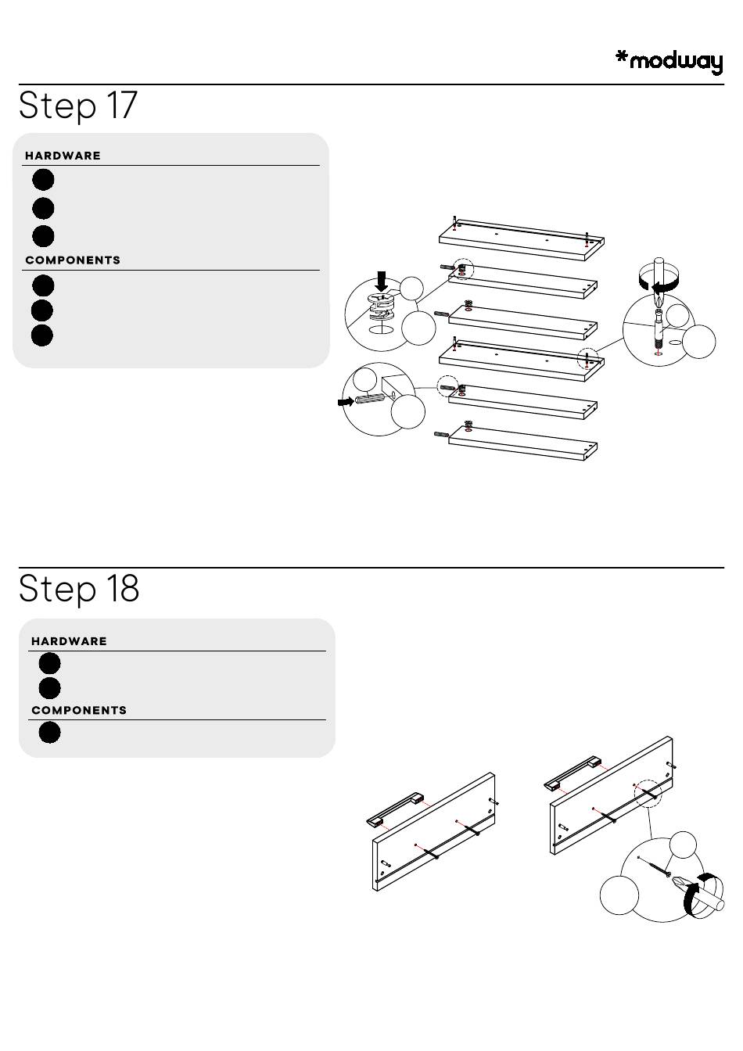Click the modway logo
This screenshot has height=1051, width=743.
(x=669, y=61)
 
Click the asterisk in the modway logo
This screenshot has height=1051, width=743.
(x=622, y=57)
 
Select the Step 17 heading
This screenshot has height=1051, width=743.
(x=78, y=105)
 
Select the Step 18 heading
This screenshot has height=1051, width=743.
(x=79, y=588)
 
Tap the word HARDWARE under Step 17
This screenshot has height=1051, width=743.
(x=63, y=156)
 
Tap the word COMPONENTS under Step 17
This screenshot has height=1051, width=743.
(x=73, y=260)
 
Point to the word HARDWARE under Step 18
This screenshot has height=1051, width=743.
(x=69, y=641)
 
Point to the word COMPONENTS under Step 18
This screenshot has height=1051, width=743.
(x=79, y=711)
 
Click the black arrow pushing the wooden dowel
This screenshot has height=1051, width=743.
(x=345, y=401)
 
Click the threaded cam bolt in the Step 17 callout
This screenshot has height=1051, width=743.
(x=657, y=332)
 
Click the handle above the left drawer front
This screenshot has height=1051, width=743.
(x=395, y=809)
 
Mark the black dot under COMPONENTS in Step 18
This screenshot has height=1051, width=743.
(x=49, y=733)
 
